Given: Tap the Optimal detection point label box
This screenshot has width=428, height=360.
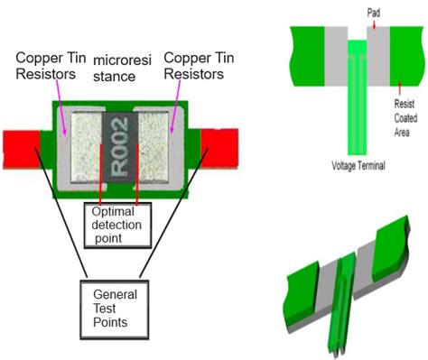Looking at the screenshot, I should [x=117, y=224].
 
